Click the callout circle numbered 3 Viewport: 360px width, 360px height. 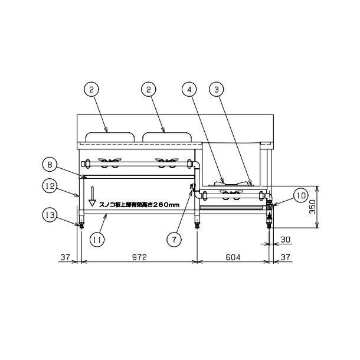[x=217, y=90]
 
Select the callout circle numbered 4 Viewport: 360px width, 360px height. [x=189, y=90]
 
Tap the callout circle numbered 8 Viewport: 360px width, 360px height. [x=50, y=165]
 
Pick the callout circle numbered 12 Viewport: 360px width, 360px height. [x=50, y=186]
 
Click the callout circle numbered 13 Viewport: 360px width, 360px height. [x=50, y=215]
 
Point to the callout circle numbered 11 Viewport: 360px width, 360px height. [x=97, y=240]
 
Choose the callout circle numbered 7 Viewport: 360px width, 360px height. [x=174, y=240]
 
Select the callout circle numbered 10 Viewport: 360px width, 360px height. [x=301, y=195]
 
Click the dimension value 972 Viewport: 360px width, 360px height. [x=139, y=257]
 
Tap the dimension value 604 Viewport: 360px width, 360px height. [x=233, y=257]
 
